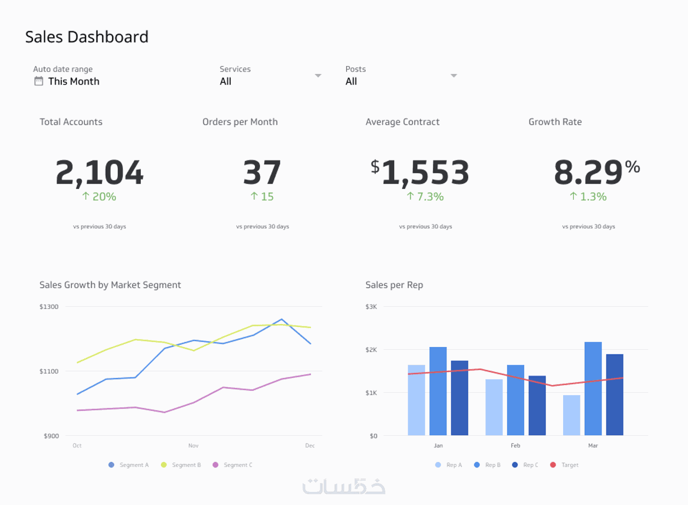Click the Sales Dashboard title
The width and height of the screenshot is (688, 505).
pyautogui.click(x=87, y=37)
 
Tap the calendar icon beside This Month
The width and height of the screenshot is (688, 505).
pyautogui.click(x=39, y=81)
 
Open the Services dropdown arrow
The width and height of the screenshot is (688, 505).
pyautogui.click(x=318, y=75)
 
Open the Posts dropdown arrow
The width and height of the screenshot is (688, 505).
pyautogui.click(x=454, y=75)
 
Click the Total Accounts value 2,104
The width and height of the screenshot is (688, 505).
pyautogui.click(x=99, y=173)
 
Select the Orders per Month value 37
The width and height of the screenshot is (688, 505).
pyautogui.click(x=262, y=173)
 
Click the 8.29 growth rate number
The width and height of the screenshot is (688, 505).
pyautogui.click(x=588, y=173)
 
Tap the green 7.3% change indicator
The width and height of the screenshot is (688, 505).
pyautogui.click(x=425, y=197)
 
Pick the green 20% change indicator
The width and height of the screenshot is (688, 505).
pyautogui.click(x=99, y=197)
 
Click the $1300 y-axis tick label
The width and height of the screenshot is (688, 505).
pyautogui.click(x=49, y=307)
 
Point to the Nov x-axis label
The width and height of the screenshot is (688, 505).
pyautogui.click(x=193, y=446)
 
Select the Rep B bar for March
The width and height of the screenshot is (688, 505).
pyautogui.click(x=593, y=389)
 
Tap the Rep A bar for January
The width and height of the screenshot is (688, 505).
pyautogui.click(x=416, y=400)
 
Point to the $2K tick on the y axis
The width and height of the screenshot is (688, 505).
pyautogui.click(x=371, y=350)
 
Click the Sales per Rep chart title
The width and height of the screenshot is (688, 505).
pyautogui.click(x=394, y=285)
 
